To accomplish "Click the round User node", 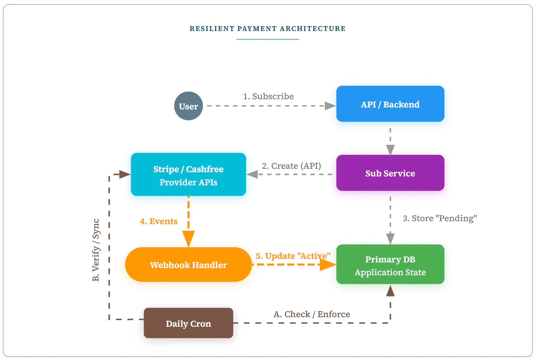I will click(188, 106).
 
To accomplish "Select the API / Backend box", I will click(390, 104).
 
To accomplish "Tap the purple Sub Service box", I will click(390, 173).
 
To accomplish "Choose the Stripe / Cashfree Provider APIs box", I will click(188, 174).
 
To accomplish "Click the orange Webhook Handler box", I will click(188, 264).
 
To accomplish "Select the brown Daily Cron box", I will click(188, 323).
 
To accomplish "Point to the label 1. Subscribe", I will click(268, 96).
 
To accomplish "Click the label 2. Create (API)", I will click(291, 166).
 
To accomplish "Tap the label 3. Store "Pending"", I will click(439, 218).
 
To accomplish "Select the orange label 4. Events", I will click(158, 221).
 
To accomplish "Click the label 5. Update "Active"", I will click(293, 256).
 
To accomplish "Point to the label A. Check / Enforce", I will click(312, 314).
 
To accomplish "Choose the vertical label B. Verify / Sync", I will click(96, 250).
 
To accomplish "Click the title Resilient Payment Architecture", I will click(268, 29).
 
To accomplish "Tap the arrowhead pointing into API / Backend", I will click(330, 106).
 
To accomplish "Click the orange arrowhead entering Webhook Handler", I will click(188, 239).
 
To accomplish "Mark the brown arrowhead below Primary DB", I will click(390, 291).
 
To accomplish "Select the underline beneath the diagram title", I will click(268, 40).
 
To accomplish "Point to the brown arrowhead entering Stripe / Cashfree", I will click(125, 174).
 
